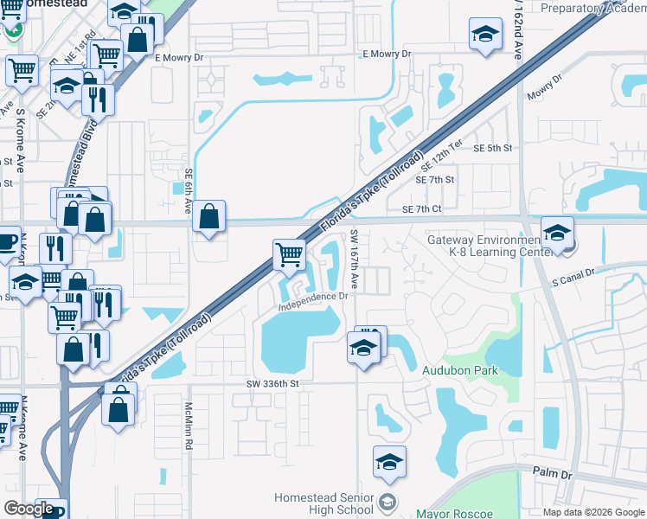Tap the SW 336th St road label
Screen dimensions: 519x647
click(272, 383)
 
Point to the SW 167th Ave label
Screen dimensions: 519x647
click(355, 259)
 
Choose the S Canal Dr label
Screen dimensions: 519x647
click(573, 273)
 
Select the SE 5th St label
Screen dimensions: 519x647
click(493, 148)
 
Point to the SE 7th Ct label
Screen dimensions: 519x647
click(422, 209)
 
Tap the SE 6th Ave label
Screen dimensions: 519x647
click(188, 193)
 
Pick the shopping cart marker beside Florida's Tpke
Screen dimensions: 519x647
click(289, 254)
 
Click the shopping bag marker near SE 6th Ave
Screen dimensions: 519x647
click(208, 216)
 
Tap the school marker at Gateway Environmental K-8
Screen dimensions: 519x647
click(558, 232)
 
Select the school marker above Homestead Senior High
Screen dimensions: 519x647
click(390, 463)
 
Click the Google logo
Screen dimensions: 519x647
click(29, 509)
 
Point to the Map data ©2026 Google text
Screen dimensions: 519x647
click(593, 512)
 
